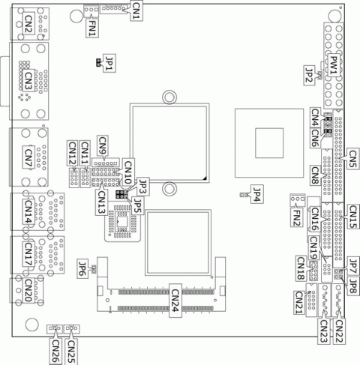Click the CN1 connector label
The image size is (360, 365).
[x=136, y=10]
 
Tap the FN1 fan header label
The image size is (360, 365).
[x=91, y=25]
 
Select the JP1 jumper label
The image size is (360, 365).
[x=110, y=65]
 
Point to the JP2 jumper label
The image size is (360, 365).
[x=309, y=73]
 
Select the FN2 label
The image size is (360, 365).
[x=297, y=217]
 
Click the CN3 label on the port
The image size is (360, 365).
[x=28, y=80]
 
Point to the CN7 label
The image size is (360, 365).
[x=28, y=160]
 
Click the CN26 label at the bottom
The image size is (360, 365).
[x=55, y=348]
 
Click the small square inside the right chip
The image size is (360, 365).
[x=267, y=141]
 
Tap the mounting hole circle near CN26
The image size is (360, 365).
[x=31, y=323]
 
